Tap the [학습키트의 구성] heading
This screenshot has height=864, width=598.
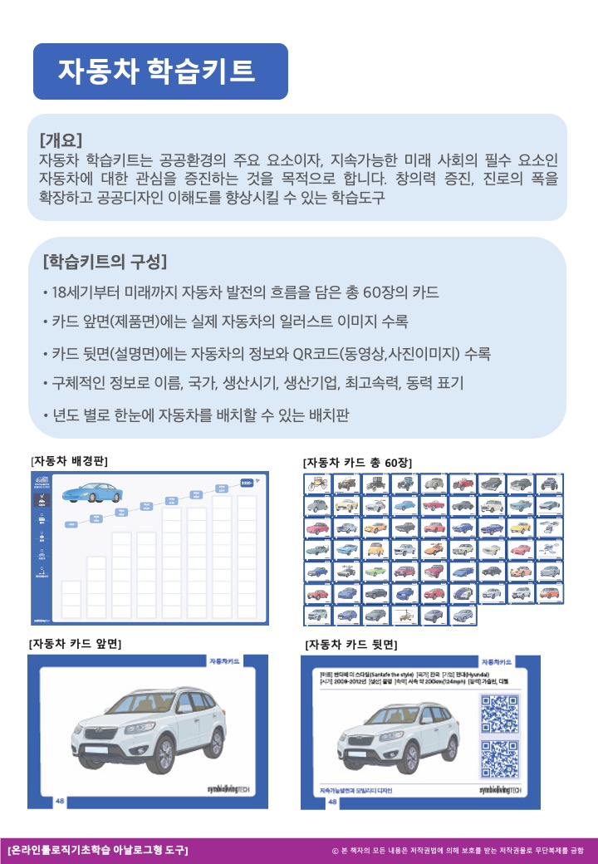point(105,263)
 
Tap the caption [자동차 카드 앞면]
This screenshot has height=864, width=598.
point(81,643)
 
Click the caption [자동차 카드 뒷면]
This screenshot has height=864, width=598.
point(350,644)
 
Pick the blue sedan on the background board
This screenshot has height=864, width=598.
point(86,493)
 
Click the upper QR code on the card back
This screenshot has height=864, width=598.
point(499,713)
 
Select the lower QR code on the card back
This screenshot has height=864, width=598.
point(499,758)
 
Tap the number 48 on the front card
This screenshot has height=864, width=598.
point(60,800)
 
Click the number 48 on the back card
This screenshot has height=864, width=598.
point(332,802)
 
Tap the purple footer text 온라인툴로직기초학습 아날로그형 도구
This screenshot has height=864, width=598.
point(97,850)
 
